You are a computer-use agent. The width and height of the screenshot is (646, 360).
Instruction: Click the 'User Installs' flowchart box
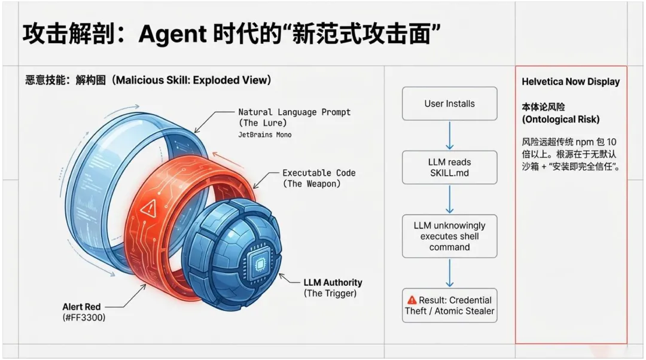(x=449, y=103)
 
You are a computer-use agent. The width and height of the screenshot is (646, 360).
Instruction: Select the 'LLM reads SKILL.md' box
(x=449, y=167)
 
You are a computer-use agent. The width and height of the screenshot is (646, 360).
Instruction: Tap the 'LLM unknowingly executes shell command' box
(x=449, y=236)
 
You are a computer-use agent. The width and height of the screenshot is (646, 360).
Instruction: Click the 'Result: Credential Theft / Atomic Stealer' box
(x=449, y=305)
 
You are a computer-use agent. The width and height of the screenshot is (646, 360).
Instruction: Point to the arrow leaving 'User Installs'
(x=449, y=135)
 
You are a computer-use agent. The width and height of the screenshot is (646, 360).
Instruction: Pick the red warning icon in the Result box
(x=412, y=300)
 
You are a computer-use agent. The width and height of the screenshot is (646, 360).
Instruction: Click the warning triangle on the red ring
(x=148, y=208)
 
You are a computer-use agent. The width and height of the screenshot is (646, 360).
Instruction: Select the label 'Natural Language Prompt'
(x=294, y=112)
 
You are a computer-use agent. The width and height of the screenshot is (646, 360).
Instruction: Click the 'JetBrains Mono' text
(x=264, y=135)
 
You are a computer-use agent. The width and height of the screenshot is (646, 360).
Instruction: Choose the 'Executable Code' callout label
(x=319, y=173)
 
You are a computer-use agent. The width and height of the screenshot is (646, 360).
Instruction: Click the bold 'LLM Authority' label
(x=333, y=282)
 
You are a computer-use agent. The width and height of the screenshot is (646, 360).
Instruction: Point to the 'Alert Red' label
(x=81, y=307)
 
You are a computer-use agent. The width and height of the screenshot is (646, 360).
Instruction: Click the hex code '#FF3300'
(x=84, y=318)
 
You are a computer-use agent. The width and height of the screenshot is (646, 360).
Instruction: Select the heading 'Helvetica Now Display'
(x=570, y=82)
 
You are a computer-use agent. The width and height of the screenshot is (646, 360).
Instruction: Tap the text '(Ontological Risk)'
(x=560, y=119)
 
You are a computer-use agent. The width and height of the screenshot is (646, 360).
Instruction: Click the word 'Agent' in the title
(x=172, y=35)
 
